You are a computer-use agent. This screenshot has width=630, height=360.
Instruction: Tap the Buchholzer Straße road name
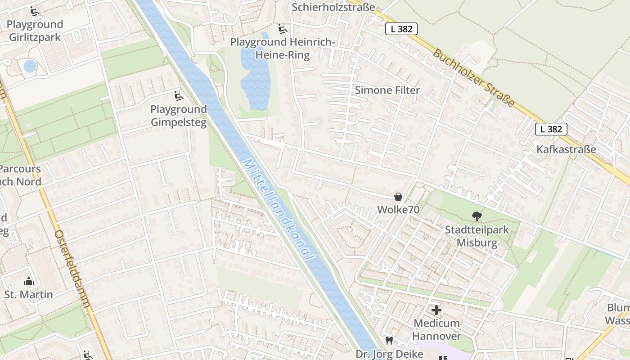(x=474, y=77)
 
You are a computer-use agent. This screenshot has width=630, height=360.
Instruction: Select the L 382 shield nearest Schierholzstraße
(x=401, y=29)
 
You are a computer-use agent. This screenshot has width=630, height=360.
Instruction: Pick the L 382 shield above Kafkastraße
(x=551, y=129)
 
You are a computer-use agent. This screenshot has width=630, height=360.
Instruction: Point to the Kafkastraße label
(x=566, y=149)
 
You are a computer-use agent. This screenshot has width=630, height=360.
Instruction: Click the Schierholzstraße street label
(x=333, y=7)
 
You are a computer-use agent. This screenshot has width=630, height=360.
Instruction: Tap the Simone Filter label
(x=387, y=90)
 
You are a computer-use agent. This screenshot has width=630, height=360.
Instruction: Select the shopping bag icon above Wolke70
(x=398, y=197)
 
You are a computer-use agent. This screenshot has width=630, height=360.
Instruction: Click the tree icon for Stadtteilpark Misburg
(x=477, y=217)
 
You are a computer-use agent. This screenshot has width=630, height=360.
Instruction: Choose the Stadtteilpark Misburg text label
(x=477, y=236)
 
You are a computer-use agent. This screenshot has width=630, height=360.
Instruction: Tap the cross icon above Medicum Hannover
(x=436, y=310)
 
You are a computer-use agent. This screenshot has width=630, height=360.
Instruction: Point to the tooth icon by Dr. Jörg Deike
(x=389, y=341)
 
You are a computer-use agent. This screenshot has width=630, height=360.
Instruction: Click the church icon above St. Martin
(x=29, y=282)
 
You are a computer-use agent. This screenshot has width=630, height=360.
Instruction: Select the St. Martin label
(x=29, y=295)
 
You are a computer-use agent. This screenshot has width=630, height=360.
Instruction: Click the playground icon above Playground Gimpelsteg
(x=179, y=95)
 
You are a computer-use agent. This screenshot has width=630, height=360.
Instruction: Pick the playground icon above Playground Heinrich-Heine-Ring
(x=282, y=29)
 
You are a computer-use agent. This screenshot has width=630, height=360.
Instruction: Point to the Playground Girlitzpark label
(x=35, y=31)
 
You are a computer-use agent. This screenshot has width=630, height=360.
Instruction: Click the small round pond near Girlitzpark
(x=30, y=66)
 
